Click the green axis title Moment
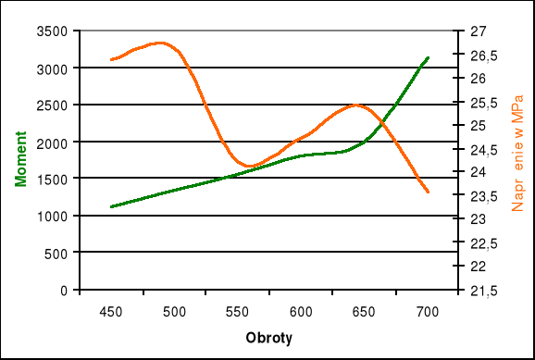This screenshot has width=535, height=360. (x=21, y=161)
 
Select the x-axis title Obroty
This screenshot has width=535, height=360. (x=268, y=339)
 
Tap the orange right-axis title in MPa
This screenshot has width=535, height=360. (x=518, y=161)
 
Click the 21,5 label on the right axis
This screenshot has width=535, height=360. (x=483, y=291)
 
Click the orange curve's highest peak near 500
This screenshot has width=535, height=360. (x=160, y=43)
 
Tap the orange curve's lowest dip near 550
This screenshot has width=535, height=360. (x=248, y=167)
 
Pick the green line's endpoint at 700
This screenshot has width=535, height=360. (x=428, y=57)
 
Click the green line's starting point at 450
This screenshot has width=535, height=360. (x=111, y=206)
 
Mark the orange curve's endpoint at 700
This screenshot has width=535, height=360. (x=428, y=192)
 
